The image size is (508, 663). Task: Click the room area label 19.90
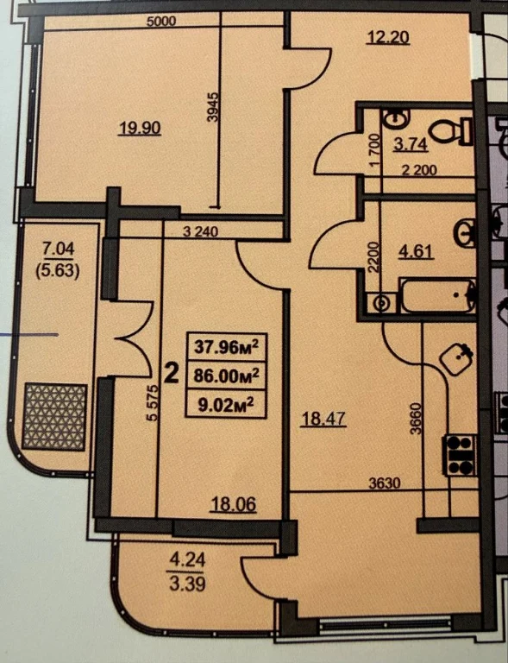tap(140, 127)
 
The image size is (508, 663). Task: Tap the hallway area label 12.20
tap(388, 38)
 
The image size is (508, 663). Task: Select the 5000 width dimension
tap(161, 21)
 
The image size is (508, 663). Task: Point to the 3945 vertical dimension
tap(214, 107)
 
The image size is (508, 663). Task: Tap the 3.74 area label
tap(411, 145)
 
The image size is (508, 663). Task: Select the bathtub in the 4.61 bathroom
tap(438, 295)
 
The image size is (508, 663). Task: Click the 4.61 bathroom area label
tap(416, 251)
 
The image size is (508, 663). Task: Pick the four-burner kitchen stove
tap(460, 455)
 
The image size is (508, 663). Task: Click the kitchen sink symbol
tap(456, 359)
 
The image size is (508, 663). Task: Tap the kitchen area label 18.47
tap(323, 420)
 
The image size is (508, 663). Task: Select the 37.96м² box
tap(226, 347)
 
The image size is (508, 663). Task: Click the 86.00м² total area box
tap(226, 375)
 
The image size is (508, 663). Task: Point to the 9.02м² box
tap(226, 404)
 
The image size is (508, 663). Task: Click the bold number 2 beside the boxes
tap(171, 374)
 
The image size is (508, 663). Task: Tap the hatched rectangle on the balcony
tap(54, 416)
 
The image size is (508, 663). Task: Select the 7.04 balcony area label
tap(59, 249)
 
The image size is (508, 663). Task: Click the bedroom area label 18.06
tap(234, 504)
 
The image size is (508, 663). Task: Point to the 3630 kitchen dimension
tap(385, 483)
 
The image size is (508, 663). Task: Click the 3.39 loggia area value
tap(187, 584)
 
